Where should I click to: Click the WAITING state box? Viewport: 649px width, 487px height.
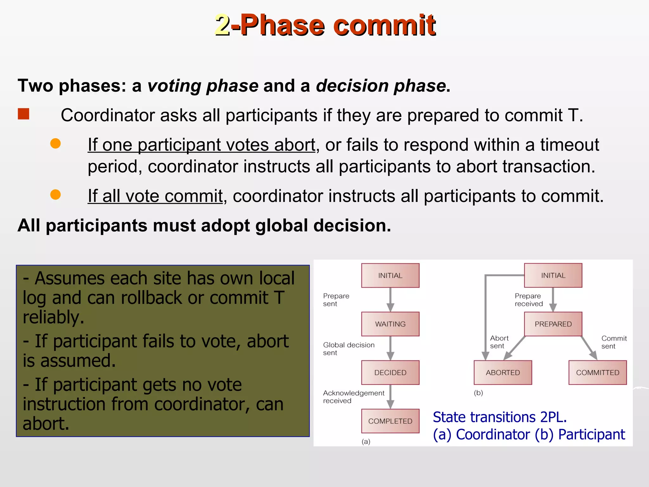pyautogui.click(x=390, y=324)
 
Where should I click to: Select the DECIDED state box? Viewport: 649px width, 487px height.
pyautogui.click(x=390, y=373)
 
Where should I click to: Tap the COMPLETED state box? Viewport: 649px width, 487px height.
pyautogui.click(x=390, y=421)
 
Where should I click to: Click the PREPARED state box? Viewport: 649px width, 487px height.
pyautogui.click(x=553, y=324)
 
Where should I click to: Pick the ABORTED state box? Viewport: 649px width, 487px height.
pyautogui.click(x=503, y=373)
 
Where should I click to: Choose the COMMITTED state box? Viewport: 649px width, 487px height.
pyautogui.click(x=597, y=373)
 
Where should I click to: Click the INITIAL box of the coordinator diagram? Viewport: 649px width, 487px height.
pyautogui.click(x=390, y=276)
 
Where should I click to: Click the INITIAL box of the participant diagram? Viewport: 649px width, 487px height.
pyautogui.click(x=553, y=276)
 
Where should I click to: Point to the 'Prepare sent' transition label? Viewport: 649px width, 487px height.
pyautogui.click(x=336, y=300)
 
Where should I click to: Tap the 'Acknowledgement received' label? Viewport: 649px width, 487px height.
pyautogui.click(x=353, y=397)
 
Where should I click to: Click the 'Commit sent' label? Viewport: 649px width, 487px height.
pyautogui.click(x=614, y=342)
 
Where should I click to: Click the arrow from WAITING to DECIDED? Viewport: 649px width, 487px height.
pyautogui.click(x=390, y=348)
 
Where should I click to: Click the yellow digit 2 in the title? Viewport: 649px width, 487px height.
pyautogui.click(x=222, y=25)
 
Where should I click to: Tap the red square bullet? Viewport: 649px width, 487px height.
pyautogui.click(x=23, y=114)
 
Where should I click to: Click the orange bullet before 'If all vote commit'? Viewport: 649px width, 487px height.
pyautogui.click(x=55, y=194)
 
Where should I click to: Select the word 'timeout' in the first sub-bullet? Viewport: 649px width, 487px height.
pyautogui.click(x=569, y=145)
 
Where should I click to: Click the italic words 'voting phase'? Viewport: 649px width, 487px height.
pyautogui.click(x=203, y=86)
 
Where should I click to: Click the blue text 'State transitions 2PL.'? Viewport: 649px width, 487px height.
pyautogui.click(x=499, y=417)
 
